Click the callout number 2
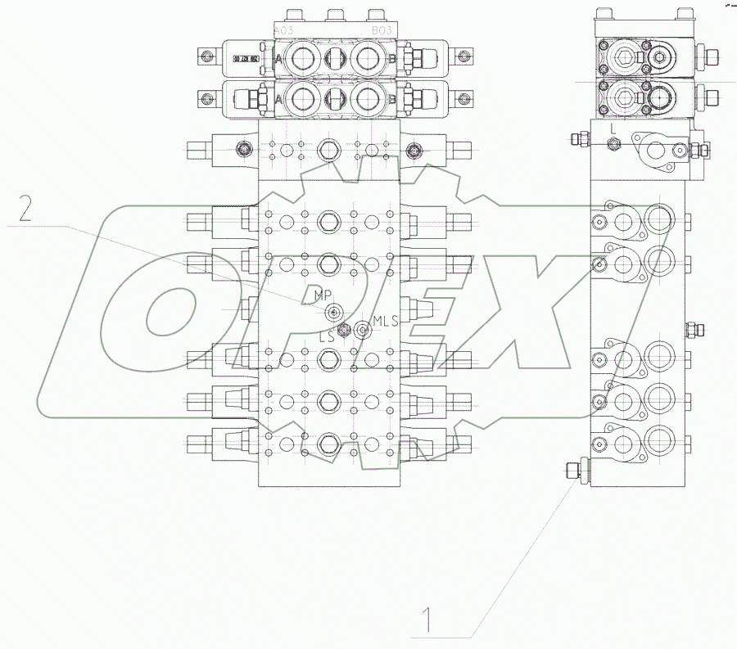(25, 210)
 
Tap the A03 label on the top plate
(284, 31)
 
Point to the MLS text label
(385, 320)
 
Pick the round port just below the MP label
(333, 312)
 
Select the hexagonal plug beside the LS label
(343, 330)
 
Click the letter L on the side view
(612, 128)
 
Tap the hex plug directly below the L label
(614, 144)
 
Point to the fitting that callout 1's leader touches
(572, 471)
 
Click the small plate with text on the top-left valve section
(244, 58)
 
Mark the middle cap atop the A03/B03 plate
(332, 15)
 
